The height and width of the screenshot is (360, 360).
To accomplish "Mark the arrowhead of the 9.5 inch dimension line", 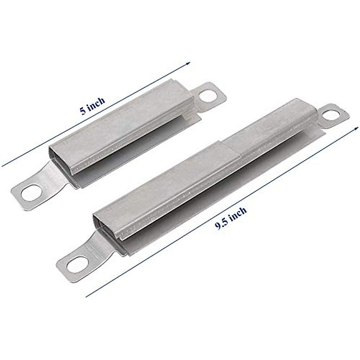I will click(x=356, y=128).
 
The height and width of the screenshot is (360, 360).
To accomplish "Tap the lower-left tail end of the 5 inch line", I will click(x=3, y=165).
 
